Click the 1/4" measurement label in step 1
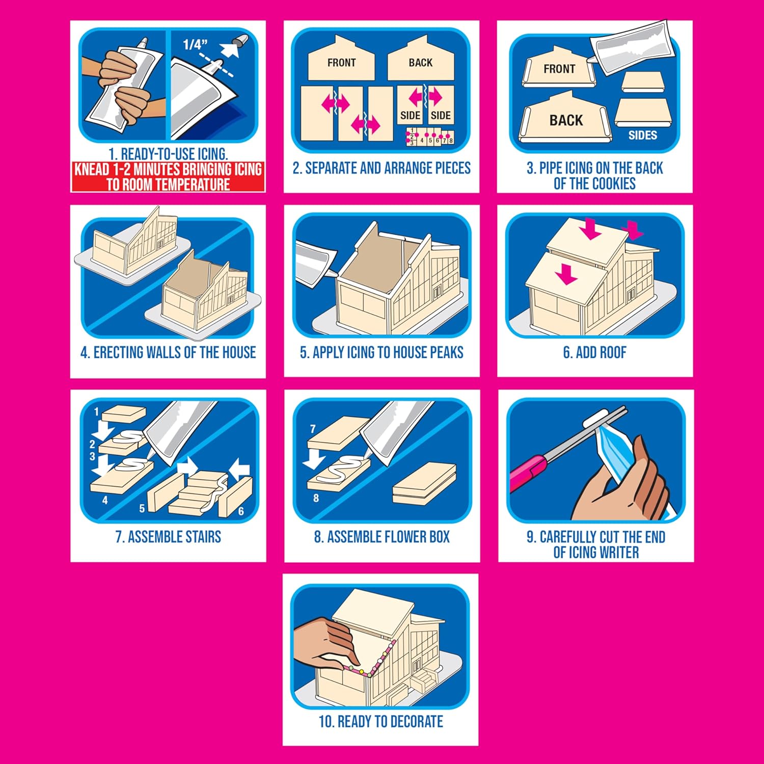[x=195, y=44]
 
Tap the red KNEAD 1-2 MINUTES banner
[x=168, y=177]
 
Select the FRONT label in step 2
[x=341, y=63]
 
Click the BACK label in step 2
[x=420, y=63]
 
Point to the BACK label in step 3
[x=566, y=121]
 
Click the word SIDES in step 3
[x=642, y=135]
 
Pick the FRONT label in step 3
[x=559, y=69]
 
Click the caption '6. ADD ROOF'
[x=594, y=352]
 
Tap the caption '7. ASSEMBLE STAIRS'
[x=168, y=537]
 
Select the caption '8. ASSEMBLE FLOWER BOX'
[x=381, y=537]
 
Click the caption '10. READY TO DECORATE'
[x=380, y=721]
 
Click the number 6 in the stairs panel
[x=241, y=511]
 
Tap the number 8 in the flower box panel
[x=316, y=498]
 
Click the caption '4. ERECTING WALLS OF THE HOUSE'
[x=168, y=352]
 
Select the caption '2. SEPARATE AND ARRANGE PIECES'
[x=381, y=168]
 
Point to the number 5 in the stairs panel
[x=142, y=508]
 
